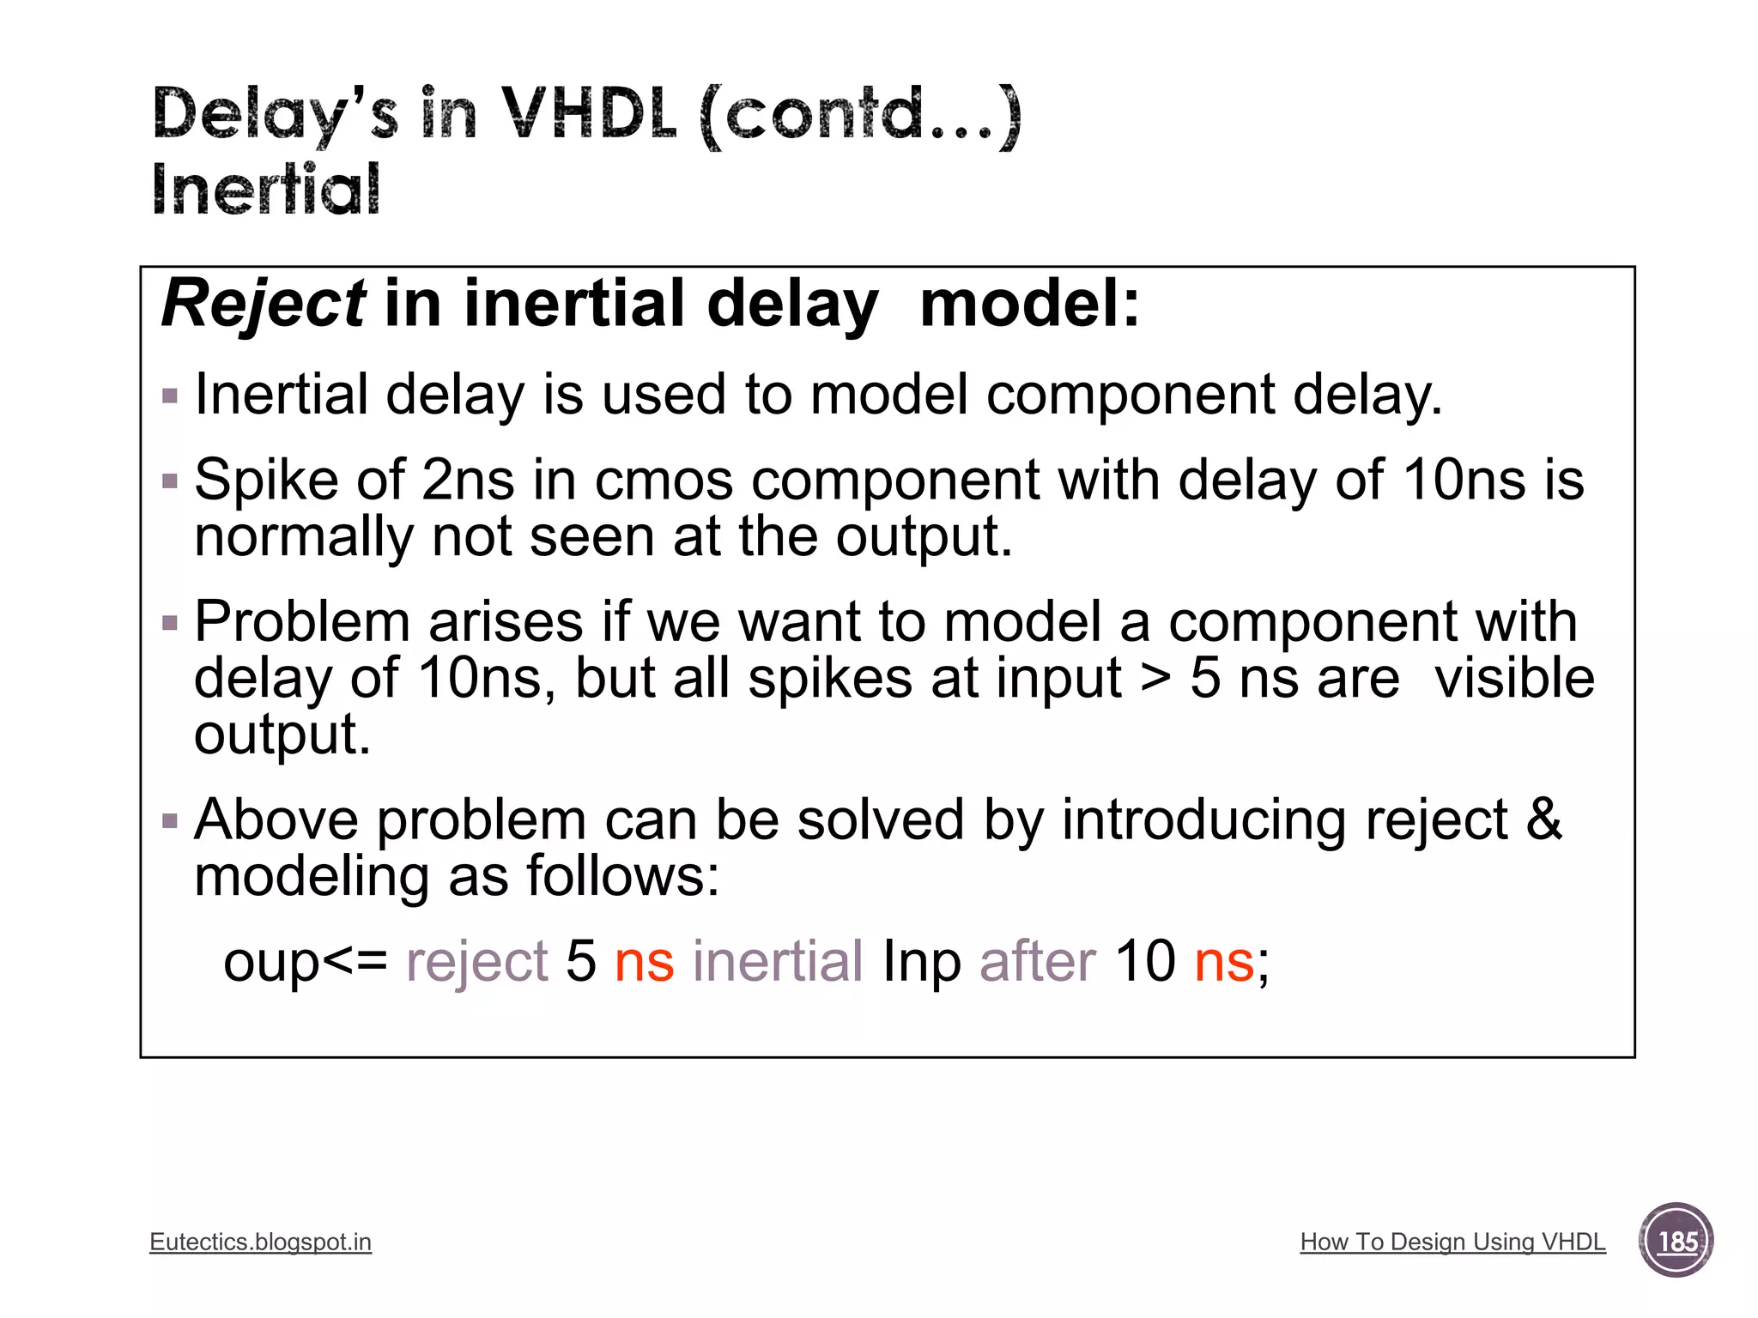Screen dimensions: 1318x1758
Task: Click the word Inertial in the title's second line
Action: click(266, 190)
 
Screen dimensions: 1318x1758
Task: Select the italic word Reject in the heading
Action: click(264, 304)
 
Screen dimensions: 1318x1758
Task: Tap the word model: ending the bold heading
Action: click(1029, 304)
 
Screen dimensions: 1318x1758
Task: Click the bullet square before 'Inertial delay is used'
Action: click(170, 396)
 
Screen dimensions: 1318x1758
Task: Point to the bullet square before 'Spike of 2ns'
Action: click(170, 481)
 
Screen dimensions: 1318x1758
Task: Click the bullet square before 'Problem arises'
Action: click(170, 623)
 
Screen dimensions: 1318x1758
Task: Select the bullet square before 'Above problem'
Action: click(170, 821)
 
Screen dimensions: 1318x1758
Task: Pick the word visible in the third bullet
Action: click(1514, 678)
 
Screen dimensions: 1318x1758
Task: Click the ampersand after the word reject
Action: click(1544, 819)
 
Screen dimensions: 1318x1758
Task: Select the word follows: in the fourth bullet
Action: click(622, 876)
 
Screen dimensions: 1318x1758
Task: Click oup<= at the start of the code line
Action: click(305, 961)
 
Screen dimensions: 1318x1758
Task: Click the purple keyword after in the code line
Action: click(1037, 961)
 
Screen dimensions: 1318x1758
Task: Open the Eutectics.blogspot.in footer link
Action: click(260, 1242)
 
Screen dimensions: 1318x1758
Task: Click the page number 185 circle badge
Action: click(1676, 1241)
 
